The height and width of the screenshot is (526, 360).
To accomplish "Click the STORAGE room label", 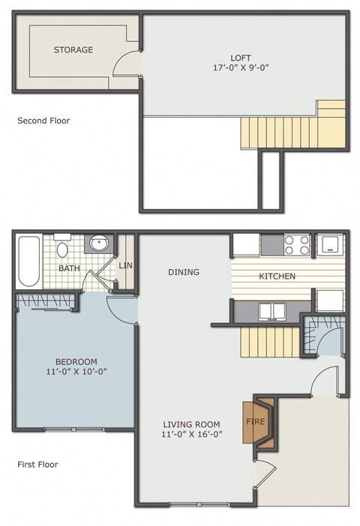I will click(x=73, y=50).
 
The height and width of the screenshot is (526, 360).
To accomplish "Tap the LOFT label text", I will click(x=241, y=58).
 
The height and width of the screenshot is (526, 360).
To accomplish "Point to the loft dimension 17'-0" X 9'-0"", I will click(x=241, y=68).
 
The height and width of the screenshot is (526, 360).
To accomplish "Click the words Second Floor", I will click(x=43, y=120).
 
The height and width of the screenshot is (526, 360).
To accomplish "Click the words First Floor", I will click(x=37, y=465).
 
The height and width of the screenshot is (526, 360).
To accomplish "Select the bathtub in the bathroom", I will click(x=28, y=262).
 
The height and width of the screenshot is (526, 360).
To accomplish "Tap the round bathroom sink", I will click(x=99, y=244).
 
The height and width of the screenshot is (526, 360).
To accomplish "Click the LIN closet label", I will click(x=125, y=265).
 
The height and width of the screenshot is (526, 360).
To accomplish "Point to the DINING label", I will click(x=184, y=272).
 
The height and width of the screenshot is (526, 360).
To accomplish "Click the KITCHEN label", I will click(x=277, y=276).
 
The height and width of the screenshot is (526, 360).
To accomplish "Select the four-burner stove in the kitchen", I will click(x=295, y=244).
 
